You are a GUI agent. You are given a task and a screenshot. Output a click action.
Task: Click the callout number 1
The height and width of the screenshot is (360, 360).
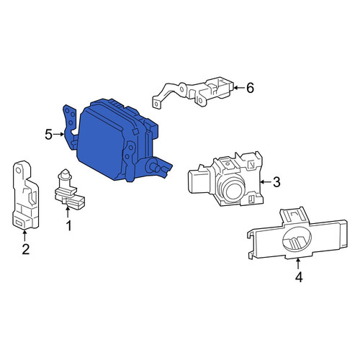pos(69,226)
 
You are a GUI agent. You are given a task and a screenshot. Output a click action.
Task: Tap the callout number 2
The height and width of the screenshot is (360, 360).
pos(26,249)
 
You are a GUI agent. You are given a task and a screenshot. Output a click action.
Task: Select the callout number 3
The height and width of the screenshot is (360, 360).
pos(276,182)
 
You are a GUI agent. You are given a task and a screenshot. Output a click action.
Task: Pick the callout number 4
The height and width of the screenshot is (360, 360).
pos(299,277)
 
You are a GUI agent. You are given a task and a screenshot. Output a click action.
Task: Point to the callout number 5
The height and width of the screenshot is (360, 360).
pos(49,135)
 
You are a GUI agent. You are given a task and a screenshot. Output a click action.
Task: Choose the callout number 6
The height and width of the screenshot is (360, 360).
pos(250,88)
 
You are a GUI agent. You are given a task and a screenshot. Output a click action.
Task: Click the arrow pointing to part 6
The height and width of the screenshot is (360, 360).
pos(238,88)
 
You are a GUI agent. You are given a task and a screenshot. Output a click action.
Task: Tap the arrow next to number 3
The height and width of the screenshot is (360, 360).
pos(266,182)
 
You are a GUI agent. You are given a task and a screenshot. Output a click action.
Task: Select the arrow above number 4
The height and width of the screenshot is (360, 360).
pos(298,264)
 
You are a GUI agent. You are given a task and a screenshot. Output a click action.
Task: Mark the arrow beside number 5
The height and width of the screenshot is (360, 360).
pos(59,135)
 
